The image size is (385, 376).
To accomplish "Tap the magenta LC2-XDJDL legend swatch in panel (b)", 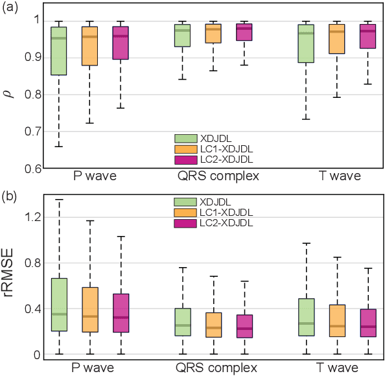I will click(186, 223).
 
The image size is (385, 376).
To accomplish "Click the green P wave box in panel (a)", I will click(59, 51).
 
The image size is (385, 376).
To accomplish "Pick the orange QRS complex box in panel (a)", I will click(213, 34).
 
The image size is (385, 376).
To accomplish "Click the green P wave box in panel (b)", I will click(59, 305).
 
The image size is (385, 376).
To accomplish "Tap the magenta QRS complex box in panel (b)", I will click(244, 326).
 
